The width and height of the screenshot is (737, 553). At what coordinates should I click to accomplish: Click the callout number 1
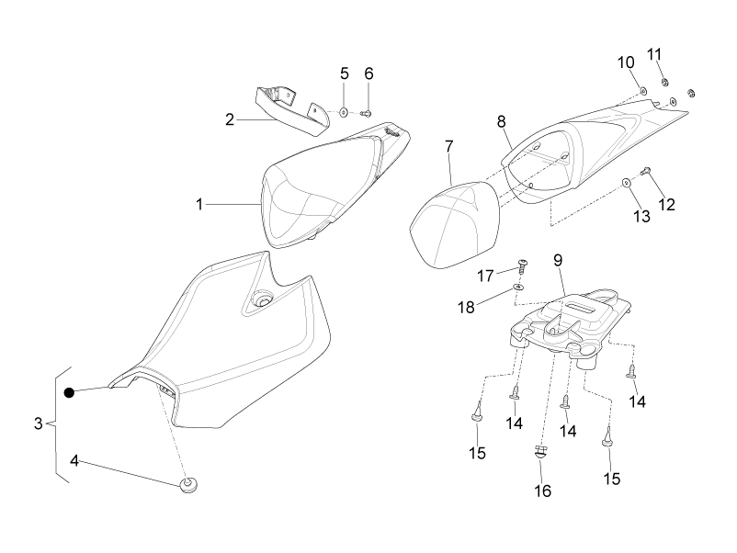199,204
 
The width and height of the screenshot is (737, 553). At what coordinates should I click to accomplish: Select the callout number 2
230,119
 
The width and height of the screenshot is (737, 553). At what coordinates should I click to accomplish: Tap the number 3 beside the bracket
39,423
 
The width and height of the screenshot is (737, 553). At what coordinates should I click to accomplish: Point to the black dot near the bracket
69,392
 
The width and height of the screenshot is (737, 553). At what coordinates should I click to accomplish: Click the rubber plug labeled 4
188,485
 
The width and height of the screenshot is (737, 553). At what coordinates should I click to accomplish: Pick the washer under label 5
344,112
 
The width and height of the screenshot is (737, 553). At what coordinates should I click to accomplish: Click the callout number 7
448,147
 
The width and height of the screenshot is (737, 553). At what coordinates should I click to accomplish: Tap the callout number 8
502,121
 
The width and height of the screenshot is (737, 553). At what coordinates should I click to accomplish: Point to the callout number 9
558,260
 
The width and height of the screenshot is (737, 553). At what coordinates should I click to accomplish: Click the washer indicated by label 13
627,183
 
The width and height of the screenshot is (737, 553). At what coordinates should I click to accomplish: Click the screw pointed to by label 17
522,265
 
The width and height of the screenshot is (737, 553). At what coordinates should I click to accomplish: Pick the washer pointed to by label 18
519,287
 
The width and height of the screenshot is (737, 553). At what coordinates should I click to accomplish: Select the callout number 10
626,62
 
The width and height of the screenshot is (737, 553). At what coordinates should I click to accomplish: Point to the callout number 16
542,491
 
